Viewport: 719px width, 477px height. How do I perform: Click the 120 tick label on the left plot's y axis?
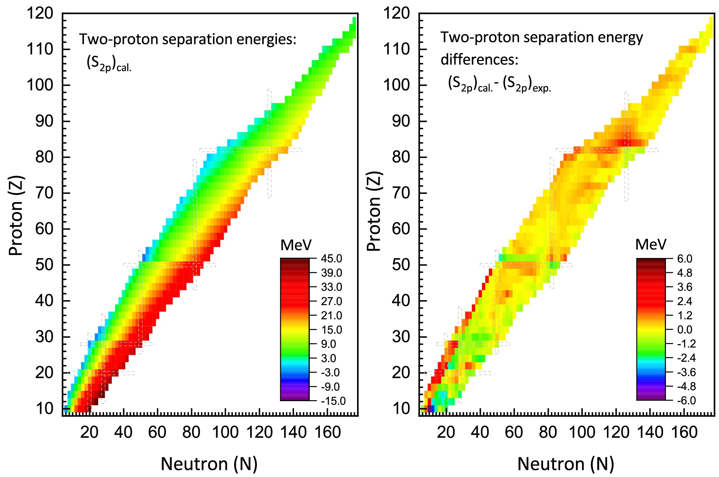coord(40,13)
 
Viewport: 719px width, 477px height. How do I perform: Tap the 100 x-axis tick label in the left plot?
coord(225,432)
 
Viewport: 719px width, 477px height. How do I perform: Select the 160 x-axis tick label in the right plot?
coord(684,432)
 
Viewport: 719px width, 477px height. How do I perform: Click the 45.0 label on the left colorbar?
coord(332,259)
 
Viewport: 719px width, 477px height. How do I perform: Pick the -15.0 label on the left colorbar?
coord(333,401)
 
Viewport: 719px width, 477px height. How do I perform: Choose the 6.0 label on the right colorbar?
coord(685,259)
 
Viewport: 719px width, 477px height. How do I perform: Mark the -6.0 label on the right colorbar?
coord(686,401)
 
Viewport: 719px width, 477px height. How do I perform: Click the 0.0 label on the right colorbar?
coord(685,330)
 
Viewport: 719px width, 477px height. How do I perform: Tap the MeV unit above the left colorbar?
coord(296,245)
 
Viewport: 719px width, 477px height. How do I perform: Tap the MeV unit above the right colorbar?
coord(651,245)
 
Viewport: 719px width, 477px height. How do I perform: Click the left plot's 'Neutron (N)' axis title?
coord(209,464)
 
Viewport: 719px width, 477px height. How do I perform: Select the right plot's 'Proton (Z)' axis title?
coord(374,212)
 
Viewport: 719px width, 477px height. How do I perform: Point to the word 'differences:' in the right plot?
coord(479,60)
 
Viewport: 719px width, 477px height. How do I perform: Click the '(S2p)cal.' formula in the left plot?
coord(109,64)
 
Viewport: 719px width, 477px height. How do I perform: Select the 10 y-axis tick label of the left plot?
coord(44,409)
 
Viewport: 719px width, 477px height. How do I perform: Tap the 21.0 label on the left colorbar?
coord(332,315)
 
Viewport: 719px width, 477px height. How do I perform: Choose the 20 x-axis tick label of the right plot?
coord(446,432)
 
